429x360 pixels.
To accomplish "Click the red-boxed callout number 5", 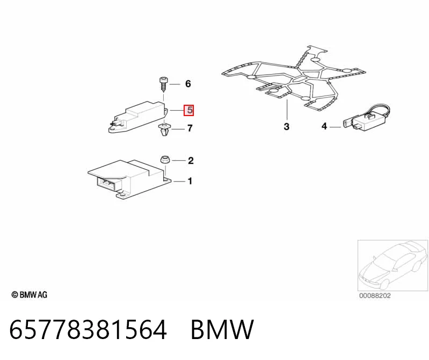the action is pyautogui.click(x=189, y=110).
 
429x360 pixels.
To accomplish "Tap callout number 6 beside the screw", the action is pyautogui.click(x=188, y=84).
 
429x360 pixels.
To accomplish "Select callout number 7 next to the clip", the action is pyautogui.click(x=190, y=128).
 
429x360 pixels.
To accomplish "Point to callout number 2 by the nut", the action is pyautogui.click(x=191, y=161).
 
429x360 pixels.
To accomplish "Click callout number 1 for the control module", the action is pyautogui.click(x=190, y=181).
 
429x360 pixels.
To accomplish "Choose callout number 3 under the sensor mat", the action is pyautogui.click(x=287, y=126).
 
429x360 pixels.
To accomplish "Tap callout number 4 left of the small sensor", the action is pyautogui.click(x=324, y=126).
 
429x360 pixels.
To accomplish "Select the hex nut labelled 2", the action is pyautogui.click(x=165, y=160).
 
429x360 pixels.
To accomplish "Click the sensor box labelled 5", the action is pyautogui.click(x=137, y=117).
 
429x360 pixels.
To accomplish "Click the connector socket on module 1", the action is pyautogui.click(x=108, y=183).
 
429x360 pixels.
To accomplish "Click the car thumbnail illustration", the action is pyautogui.click(x=392, y=265).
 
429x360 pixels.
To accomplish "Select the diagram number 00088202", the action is pyautogui.click(x=375, y=296).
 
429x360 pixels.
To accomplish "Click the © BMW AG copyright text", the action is pyautogui.click(x=30, y=295).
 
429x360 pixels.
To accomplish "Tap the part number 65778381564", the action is pyautogui.click(x=88, y=329).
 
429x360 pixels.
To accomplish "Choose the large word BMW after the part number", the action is pyautogui.click(x=222, y=329).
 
